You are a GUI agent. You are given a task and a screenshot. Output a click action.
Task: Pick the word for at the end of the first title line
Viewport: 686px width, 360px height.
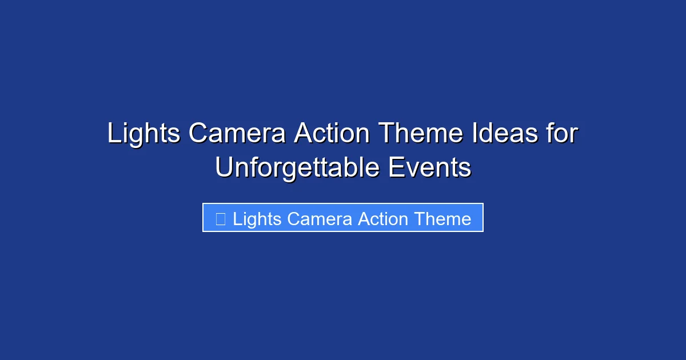[x=563, y=134]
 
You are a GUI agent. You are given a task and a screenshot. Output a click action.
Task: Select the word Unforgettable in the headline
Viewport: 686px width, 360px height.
[x=296, y=168]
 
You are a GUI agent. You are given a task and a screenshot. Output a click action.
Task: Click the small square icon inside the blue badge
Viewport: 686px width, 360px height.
[x=220, y=218]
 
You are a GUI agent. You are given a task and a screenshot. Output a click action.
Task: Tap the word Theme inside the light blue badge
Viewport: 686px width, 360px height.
[x=443, y=219]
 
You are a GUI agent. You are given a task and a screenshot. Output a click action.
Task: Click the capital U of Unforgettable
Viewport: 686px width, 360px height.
[x=224, y=168]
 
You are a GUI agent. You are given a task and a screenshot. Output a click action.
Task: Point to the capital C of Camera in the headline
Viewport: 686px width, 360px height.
[x=198, y=134]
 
